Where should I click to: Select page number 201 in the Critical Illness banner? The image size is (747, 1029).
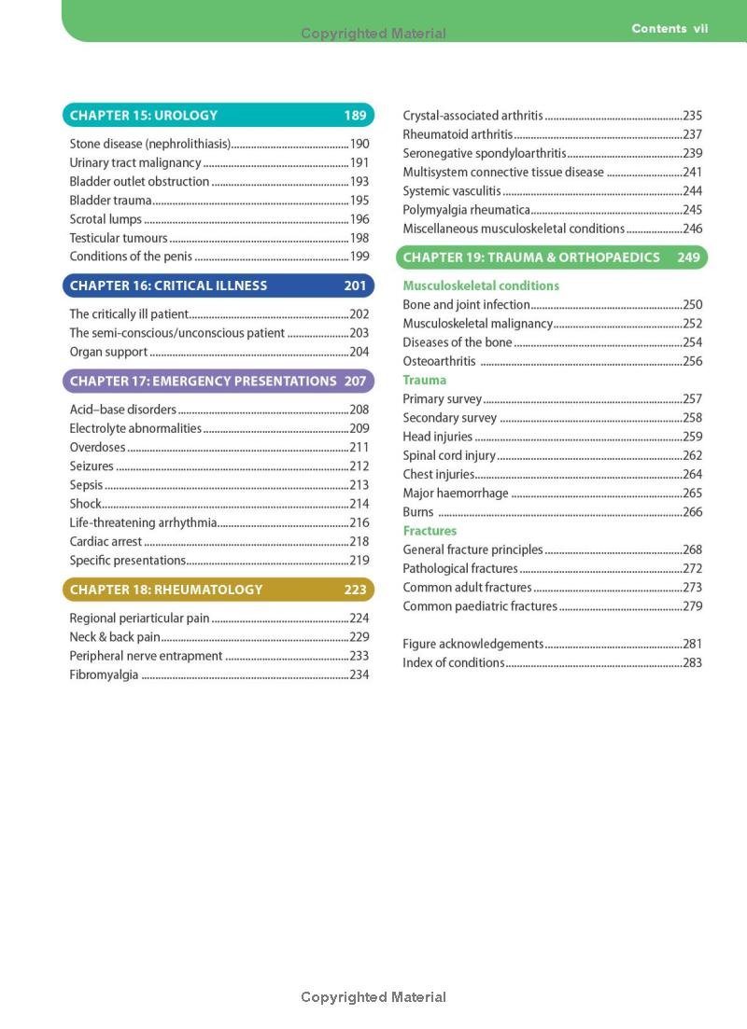tap(355, 285)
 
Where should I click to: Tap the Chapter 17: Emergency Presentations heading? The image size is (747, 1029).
tap(203, 381)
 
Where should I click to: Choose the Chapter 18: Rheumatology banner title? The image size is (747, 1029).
tap(166, 590)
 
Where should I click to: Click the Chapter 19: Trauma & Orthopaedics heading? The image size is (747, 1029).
tap(531, 257)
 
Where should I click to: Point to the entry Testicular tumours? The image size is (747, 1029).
tap(118, 238)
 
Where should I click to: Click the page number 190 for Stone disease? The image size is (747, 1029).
tap(359, 144)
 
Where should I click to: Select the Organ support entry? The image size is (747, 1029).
tap(108, 352)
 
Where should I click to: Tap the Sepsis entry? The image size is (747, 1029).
tap(86, 485)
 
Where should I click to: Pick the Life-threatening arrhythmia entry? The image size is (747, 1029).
tap(143, 522)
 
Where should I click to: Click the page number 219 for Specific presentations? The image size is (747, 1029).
tap(359, 561)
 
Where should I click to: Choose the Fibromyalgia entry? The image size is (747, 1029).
tap(104, 674)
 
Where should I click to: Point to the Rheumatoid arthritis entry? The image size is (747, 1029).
tap(458, 134)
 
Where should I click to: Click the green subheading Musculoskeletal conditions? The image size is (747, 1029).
tap(481, 285)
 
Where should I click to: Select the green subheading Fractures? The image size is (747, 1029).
tap(430, 531)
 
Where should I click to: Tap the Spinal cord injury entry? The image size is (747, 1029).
tap(449, 455)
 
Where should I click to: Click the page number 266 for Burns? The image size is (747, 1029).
tap(692, 512)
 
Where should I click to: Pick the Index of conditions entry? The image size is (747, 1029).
tap(453, 663)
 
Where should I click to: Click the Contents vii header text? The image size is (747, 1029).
tap(669, 29)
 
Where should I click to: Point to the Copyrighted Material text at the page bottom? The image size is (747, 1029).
tap(373, 997)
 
